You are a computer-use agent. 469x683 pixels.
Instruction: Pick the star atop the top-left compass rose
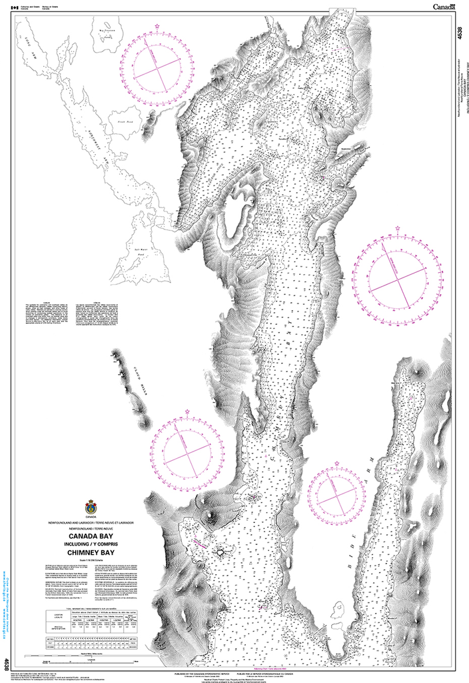[x=157, y=26]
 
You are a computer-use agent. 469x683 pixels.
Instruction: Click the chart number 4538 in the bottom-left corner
[x=7, y=664]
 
